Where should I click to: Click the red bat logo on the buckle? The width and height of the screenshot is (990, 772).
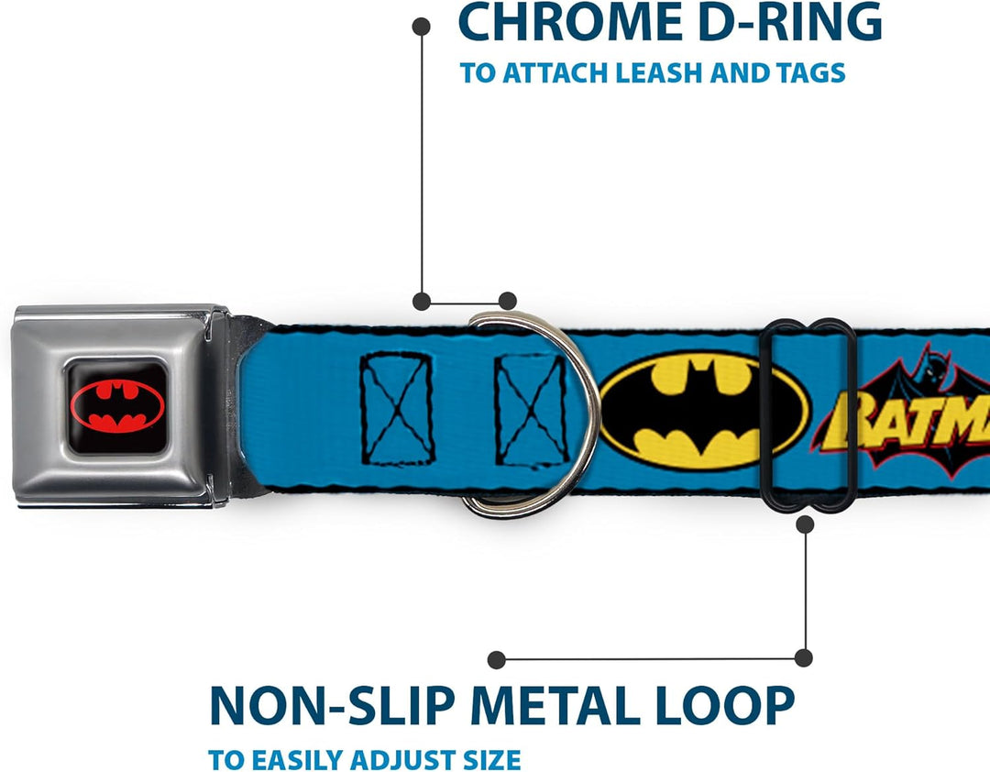coord(117,405)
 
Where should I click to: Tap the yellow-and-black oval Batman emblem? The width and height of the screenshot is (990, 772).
coord(704,411)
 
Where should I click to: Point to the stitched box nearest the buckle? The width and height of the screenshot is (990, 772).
coord(397,409)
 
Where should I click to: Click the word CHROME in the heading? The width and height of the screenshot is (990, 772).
coord(571,23)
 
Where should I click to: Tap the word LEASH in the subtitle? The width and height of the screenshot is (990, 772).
coord(658,72)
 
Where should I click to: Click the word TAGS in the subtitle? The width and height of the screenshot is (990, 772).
coord(810,72)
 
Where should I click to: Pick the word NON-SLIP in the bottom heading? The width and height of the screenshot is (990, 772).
coord(332,705)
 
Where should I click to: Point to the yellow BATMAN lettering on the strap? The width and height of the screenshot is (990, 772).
coord(909,420)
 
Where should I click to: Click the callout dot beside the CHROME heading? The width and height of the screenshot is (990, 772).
coord(421,27)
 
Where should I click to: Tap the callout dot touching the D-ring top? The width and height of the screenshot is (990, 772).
coord(507,301)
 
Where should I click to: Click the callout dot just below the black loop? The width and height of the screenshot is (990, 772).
coord(805,524)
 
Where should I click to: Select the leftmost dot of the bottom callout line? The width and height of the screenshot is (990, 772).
coord(497,660)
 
